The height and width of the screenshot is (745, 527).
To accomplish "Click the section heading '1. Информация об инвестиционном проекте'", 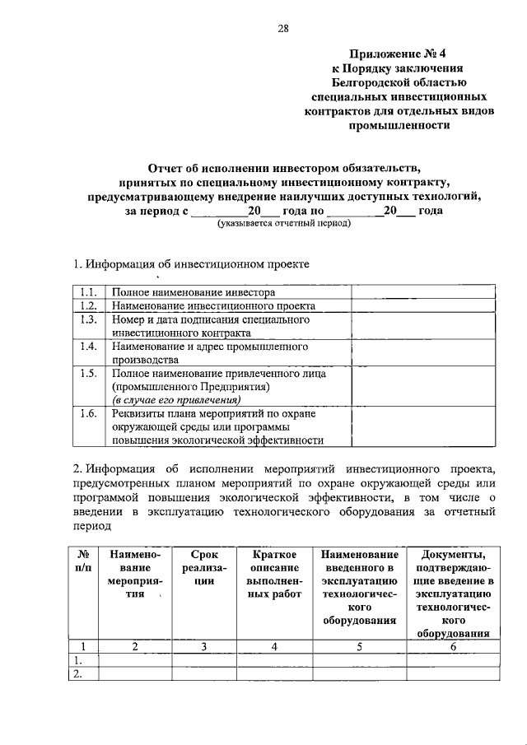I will tap(192, 265).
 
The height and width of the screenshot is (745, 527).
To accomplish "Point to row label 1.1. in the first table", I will tap(89, 292).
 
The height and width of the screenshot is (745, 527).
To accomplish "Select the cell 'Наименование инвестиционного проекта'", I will tap(214, 305).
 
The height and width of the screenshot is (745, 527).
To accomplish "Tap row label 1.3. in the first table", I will tap(89, 319).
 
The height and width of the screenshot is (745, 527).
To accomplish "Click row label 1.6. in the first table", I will tap(89, 414).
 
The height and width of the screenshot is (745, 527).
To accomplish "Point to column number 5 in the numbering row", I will tap(360, 646).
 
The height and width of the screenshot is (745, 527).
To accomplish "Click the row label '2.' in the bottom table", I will tap(80, 674).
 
